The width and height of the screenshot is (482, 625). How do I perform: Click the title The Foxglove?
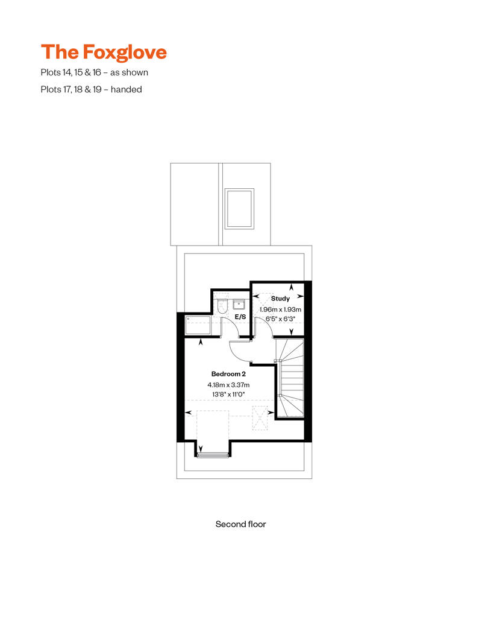point(104,52)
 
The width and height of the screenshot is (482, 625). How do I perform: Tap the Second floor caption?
point(240,524)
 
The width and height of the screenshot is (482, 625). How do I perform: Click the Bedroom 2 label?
point(228,373)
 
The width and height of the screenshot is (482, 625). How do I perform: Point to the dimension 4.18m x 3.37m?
point(228,384)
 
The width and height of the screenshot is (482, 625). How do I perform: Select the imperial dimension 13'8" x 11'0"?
point(228,395)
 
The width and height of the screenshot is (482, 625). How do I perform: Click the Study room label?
point(280,298)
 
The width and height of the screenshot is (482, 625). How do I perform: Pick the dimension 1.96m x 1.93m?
point(280,309)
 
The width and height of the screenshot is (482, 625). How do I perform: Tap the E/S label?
point(240,317)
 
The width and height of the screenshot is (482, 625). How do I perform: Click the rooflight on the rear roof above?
point(239,208)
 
